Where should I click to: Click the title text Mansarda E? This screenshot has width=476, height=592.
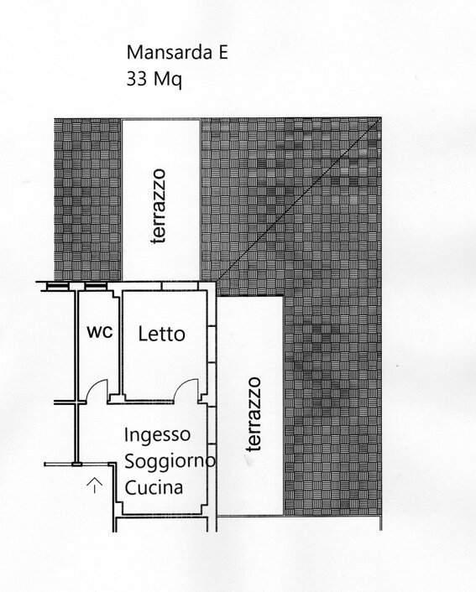coord(177,52)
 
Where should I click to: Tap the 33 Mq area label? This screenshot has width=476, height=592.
coord(154,80)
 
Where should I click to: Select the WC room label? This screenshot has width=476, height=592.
coord(100,332)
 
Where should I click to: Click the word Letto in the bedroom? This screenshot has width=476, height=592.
coord(161,334)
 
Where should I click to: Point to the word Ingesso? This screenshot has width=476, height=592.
coord(157,435)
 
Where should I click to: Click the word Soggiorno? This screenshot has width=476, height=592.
coord(170,461)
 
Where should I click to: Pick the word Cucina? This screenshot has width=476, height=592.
coord(154,487)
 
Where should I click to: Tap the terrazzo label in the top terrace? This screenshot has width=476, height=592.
coord(158,206)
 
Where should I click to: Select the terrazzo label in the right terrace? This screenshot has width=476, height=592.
coord(254,413)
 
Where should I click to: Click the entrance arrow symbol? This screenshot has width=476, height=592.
coord(94,485)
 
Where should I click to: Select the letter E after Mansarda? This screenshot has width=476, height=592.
coord(223,53)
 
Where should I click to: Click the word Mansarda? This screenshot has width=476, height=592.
coord(169,52)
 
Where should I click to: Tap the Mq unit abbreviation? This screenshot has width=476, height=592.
coord(168,80)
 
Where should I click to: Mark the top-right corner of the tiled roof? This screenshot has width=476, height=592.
coord(381,117)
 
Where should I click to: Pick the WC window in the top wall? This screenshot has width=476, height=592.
coord(95,287)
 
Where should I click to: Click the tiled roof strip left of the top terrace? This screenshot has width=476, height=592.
coord(87,200)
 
